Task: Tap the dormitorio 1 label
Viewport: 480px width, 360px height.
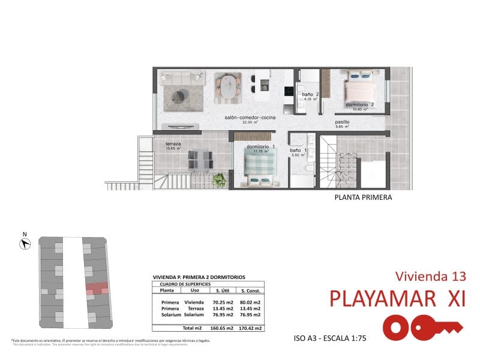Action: point(261,146)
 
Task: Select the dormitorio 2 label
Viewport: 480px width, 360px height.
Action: point(360,105)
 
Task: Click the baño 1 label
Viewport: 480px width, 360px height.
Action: point(298,151)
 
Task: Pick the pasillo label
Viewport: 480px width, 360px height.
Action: point(342,122)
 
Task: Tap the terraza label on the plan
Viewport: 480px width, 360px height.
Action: point(173,144)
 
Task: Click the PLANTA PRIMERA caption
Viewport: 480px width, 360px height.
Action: point(363,197)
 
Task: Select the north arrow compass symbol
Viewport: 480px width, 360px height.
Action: point(25,243)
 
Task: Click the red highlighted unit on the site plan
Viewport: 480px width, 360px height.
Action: point(97,288)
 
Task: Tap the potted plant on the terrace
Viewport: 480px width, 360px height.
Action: point(221,179)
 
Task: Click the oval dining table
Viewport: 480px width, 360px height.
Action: point(228,86)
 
